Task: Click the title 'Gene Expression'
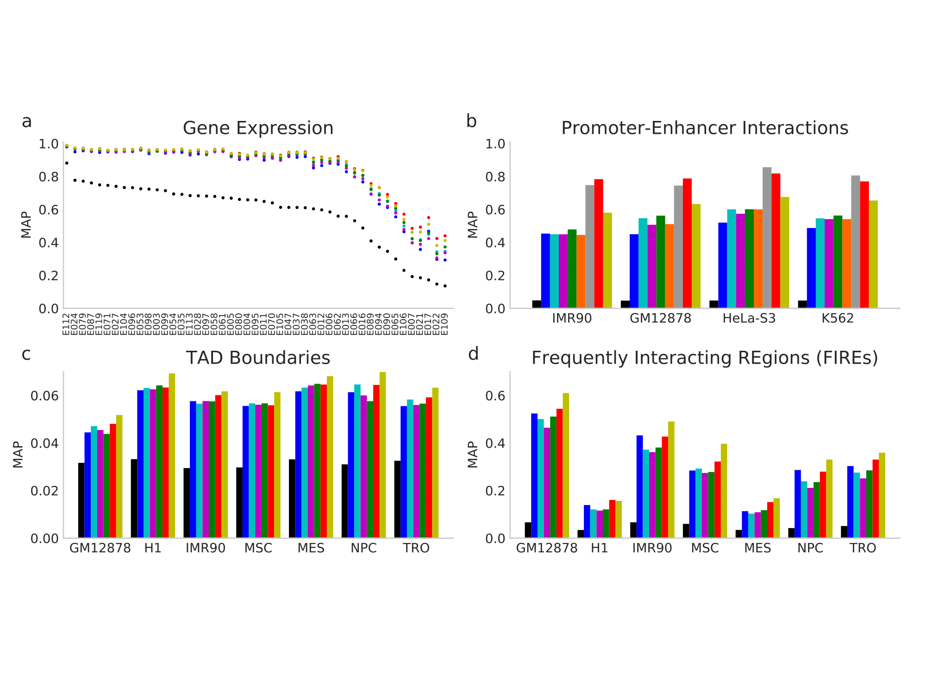[258, 128]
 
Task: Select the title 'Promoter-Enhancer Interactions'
[704, 128]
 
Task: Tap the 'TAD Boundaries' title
[258, 358]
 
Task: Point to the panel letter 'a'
[27, 122]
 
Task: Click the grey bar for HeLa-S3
[767, 238]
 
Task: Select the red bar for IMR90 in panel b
[599, 243]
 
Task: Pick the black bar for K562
[802, 304]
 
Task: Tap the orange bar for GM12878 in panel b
[669, 266]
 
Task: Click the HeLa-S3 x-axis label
[749, 319]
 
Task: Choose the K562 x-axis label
[837, 319]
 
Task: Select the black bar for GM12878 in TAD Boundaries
[81, 500]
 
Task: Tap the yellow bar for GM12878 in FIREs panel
[566, 465]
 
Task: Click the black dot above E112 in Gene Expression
[67, 163]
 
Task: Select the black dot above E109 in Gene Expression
[445, 286]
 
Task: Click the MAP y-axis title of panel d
[473, 455]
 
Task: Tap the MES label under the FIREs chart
[757, 549]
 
